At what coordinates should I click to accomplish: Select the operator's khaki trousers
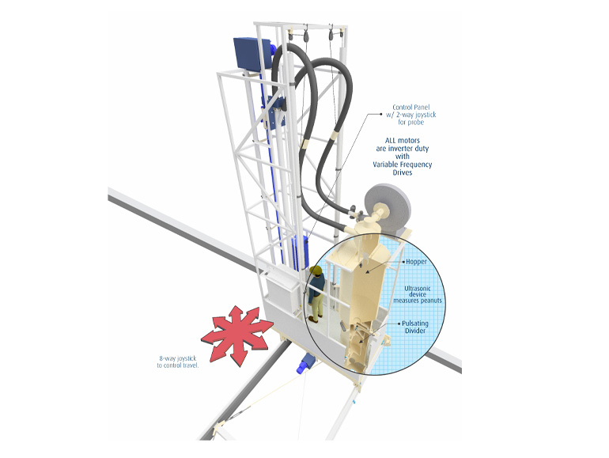(315, 305)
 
